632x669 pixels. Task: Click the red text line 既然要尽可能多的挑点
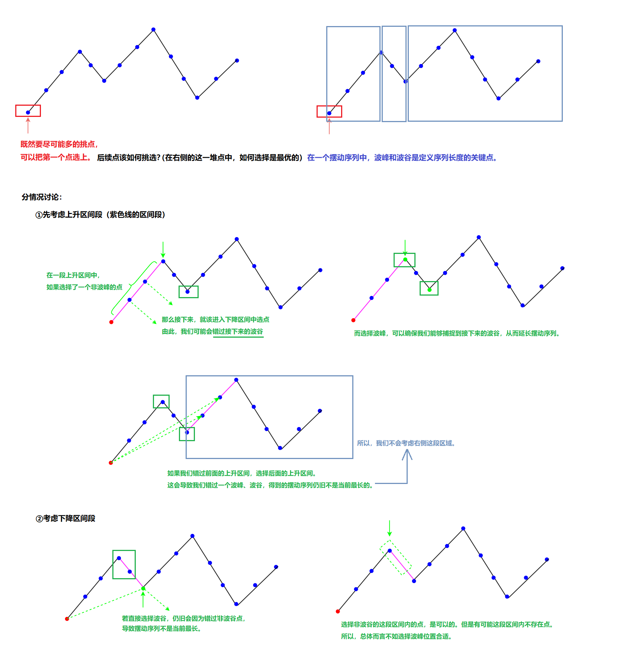[x=59, y=144]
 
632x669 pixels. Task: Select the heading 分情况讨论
[x=42, y=197]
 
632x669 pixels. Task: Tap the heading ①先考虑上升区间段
[x=100, y=215]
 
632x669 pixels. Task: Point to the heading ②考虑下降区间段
[x=65, y=519]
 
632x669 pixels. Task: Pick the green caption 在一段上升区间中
[x=73, y=275]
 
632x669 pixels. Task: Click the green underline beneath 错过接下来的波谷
[x=238, y=337]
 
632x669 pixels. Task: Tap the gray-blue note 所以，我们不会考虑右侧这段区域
[x=406, y=443]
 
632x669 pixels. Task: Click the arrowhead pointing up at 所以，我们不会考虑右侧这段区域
[x=407, y=452]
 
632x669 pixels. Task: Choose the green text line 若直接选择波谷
[x=183, y=619]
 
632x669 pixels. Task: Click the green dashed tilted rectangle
[x=395, y=558]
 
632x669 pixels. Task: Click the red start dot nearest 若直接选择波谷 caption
[x=67, y=619]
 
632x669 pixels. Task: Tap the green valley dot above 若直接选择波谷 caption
[x=143, y=589]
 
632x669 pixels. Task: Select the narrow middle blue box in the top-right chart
[x=394, y=74]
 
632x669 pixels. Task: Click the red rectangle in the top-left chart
[x=28, y=111]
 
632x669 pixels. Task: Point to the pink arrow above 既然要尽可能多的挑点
[x=28, y=125]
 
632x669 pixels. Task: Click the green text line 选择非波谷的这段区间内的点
[x=447, y=625]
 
